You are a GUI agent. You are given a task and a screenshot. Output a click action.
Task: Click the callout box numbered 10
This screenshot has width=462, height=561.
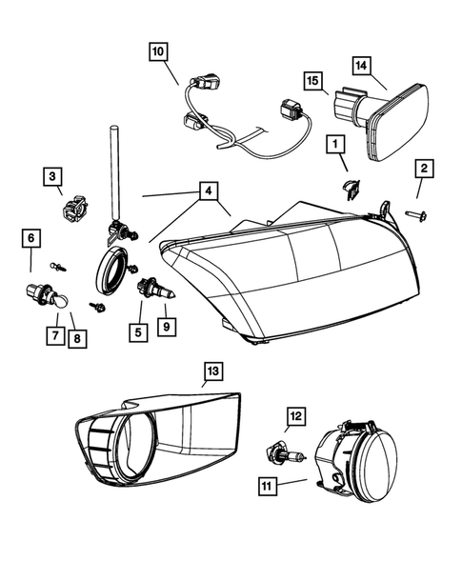click(157, 50)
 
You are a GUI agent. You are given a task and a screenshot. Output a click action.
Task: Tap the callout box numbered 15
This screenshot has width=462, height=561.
click(311, 80)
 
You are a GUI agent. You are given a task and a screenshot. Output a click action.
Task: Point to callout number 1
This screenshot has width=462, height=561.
click(334, 144)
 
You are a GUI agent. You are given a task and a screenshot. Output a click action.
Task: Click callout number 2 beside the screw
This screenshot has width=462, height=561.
click(424, 170)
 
